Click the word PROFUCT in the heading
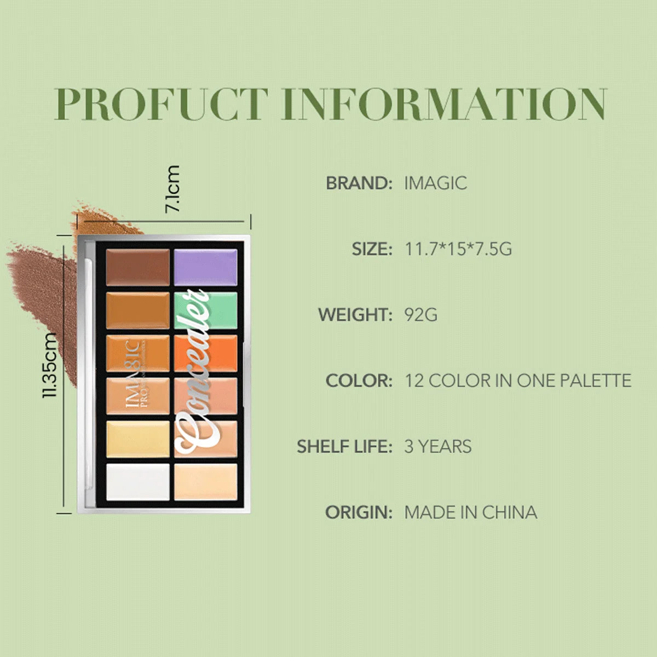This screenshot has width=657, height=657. click(x=162, y=103)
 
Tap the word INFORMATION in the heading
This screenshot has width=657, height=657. click(x=444, y=103)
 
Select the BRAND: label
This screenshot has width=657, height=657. click(x=359, y=183)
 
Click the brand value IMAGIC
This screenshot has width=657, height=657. click(x=435, y=183)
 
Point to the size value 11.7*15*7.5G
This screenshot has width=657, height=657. click(x=458, y=249)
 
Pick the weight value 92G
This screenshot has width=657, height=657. click(x=420, y=315)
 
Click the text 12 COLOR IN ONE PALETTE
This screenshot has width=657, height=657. click(x=517, y=381)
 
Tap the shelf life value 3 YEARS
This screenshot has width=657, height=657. click(x=437, y=446)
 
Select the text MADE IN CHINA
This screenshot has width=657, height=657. click(x=470, y=512)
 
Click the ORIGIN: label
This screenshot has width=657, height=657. click(x=359, y=512)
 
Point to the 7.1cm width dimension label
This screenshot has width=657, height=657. click(x=172, y=188)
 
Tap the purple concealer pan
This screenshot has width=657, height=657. click(x=205, y=267)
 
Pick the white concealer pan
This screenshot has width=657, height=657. click(x=137, y=482)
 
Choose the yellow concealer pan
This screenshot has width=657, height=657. click(x=137, y=439)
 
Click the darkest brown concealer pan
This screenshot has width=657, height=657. click(x=137, y=267)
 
